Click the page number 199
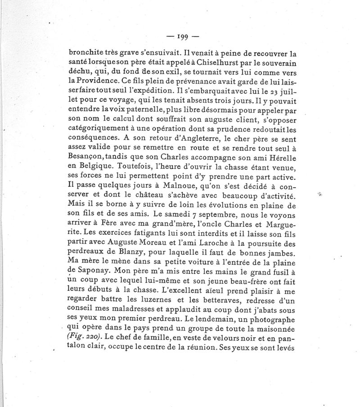click(182, 37)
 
